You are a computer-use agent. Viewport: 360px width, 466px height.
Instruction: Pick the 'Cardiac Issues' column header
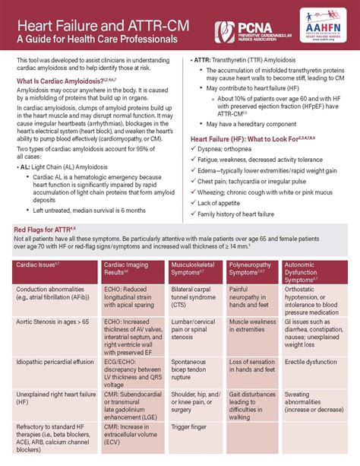[39, 263]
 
